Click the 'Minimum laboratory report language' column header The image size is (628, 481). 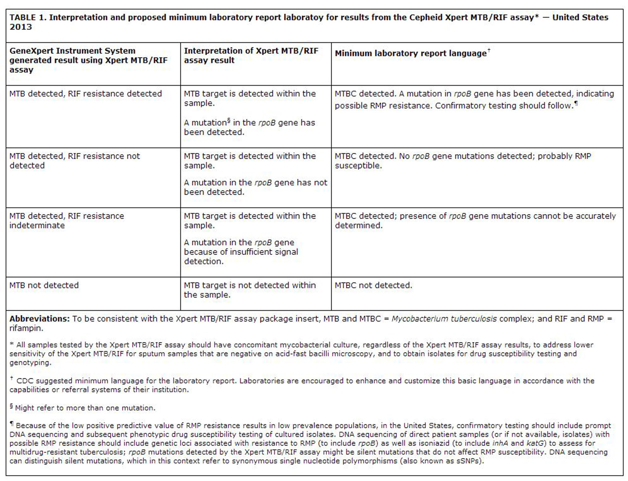point(411,53)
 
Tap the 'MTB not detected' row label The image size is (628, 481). point(44,285)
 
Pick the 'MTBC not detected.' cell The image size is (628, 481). point(373,285)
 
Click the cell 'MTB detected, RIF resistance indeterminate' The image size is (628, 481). point(67,221)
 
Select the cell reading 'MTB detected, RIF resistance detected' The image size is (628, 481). point(86,94)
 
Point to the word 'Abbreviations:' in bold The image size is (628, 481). point(40,319)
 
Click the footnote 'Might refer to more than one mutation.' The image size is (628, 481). point(85,408)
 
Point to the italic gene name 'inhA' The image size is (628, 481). point(501,443)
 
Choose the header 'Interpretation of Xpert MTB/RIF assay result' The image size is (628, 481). point(251,56)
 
